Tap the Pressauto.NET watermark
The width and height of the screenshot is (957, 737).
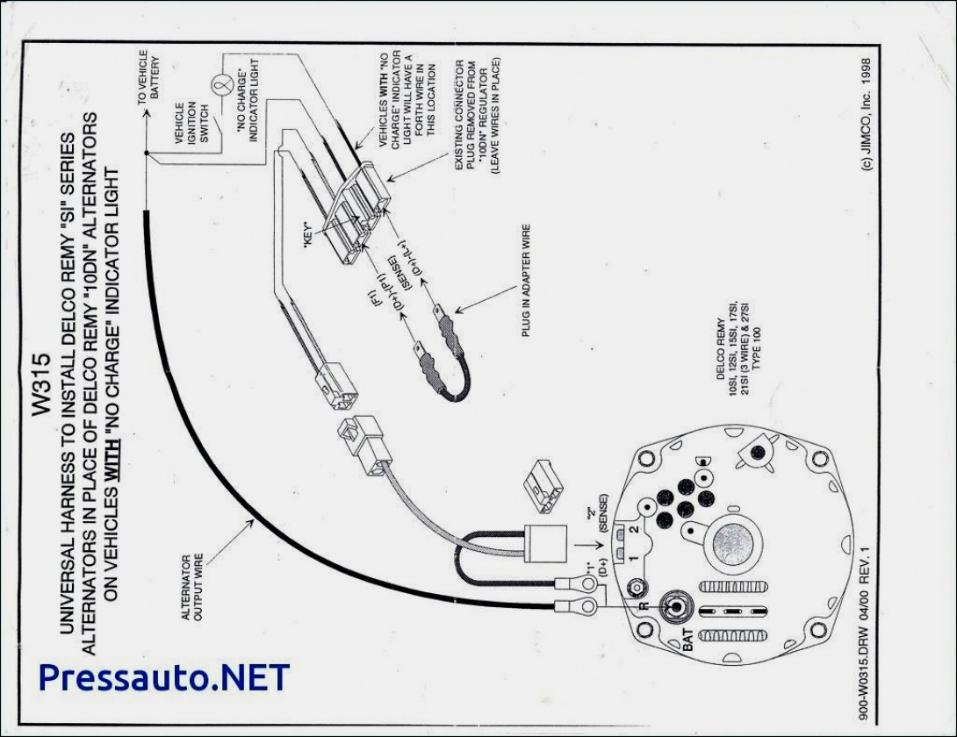tap(163, 677)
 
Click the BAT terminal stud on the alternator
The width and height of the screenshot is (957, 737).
tap(677, 607)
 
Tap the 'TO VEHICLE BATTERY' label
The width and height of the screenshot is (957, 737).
tap(149, 84)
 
